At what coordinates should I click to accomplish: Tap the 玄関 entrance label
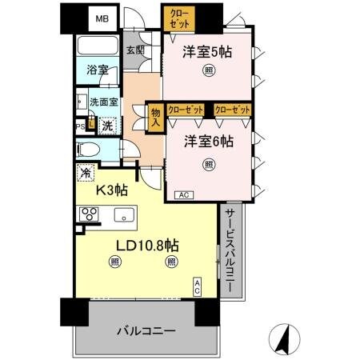pyautogui.click(x=135, y=50)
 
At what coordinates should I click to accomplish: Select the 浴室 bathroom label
pyautogui.click(x=98, y=70)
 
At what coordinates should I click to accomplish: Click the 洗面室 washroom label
pyautogui.click(x=104, y=102)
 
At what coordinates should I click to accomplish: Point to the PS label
pyautogui.click(x=80, y=125)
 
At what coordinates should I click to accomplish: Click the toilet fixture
pyautogui.click(x=89, y=149)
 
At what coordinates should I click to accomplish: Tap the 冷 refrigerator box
pyautogui.click(x=84, y=172)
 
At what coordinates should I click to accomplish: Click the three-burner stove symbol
pyautogui.click(x=88, y=214)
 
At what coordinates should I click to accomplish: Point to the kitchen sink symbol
pyautogui.click(x=124, y=214)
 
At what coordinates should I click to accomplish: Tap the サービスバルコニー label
pyautogui.click(x=230, y=250)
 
